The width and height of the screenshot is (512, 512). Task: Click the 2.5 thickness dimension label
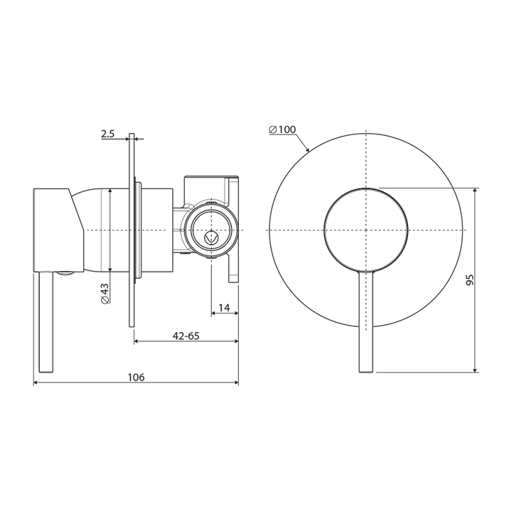(108, 133)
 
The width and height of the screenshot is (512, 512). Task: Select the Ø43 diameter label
(105, 293)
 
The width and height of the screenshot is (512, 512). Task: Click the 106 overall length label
(136, 378)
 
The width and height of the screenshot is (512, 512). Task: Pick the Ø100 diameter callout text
(282, 129)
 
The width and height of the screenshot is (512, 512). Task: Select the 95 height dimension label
(469, 279)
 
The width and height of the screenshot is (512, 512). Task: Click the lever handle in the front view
(366, 320)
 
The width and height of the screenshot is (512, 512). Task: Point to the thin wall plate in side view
(132, 284)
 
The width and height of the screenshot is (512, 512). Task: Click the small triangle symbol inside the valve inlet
(210, 238)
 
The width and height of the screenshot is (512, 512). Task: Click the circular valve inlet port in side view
(211, 230)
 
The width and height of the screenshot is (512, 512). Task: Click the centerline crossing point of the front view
(366, 230)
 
